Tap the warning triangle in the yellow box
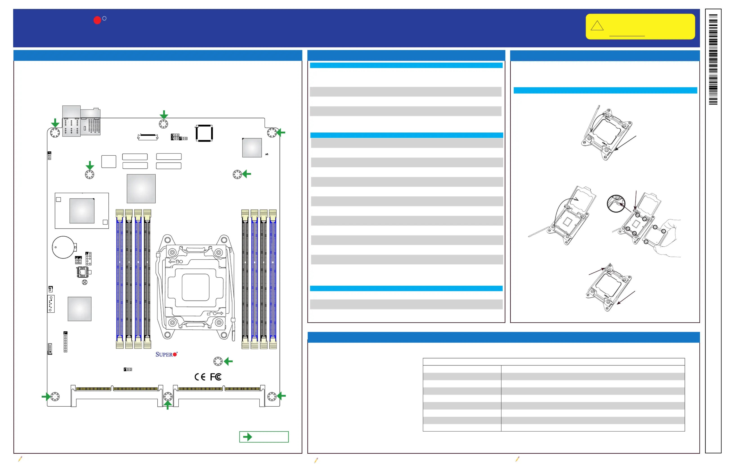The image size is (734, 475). coord(597,26)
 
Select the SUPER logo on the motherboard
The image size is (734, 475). coord(166,354)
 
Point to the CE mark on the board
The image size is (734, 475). coord(200,377)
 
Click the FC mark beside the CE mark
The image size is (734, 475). coord(216,377)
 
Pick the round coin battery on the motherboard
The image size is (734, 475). coord(63,247)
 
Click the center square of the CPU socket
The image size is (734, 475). coord(195,287)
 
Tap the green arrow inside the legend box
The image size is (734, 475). coord(248,437)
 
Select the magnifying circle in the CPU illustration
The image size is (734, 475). coord(616,203)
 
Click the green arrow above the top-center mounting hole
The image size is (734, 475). coord(164,114)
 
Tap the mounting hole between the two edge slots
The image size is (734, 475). coord(168,396)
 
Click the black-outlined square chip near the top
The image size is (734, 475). coord(204,133)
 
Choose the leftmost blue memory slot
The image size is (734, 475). coord(120,279)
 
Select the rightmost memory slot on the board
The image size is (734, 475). coord(273,279)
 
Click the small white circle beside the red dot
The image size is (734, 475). coord(105,18)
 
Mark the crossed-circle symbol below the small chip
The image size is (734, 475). coord(85,282)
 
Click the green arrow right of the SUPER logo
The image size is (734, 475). coord(228,361)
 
